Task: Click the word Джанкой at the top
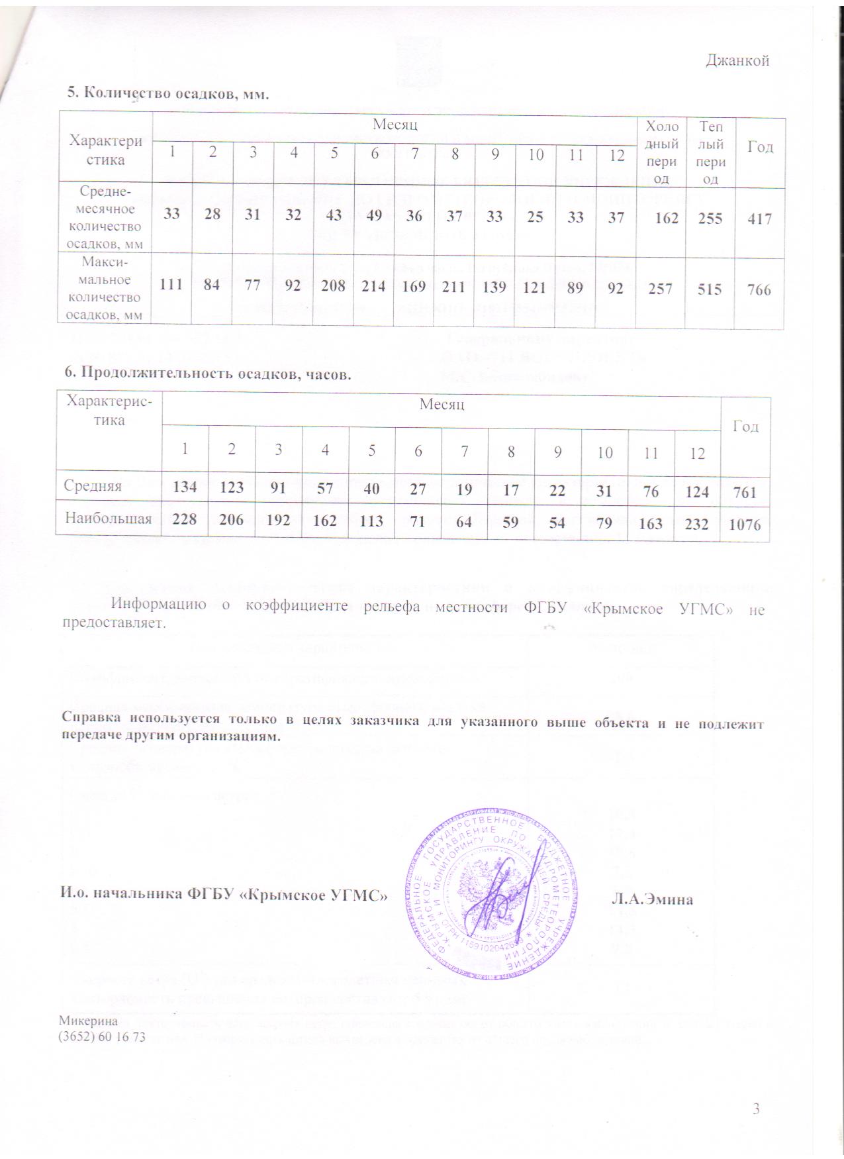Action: pyautogui.click(x=737, y=61)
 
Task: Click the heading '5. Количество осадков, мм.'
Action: pyautogui.click(x=168, y=93)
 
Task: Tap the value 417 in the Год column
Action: pyautogui.click(x=759, y=219)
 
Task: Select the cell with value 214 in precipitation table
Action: pyautogui.click(x=374, y=287)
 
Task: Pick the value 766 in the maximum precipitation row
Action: pyautogui.click(x=759, y=289)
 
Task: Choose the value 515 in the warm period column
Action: pyautogui.click(x=710, y=289)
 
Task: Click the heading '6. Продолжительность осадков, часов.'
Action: pyautogui.click(x=207, y=374)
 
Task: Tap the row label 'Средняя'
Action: pyautogui.click(x=93, y=485)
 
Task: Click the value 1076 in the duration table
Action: pyautogui.click(x=745, y=525)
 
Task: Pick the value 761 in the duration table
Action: pyautogui.click(x=745, y=492)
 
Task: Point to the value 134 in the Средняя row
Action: pyautogui.click(x=185, y=487)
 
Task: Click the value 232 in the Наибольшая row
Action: pyautogui.click(x=697, y=523)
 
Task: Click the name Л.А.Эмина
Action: pyautogui.click(x=652, y=899)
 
